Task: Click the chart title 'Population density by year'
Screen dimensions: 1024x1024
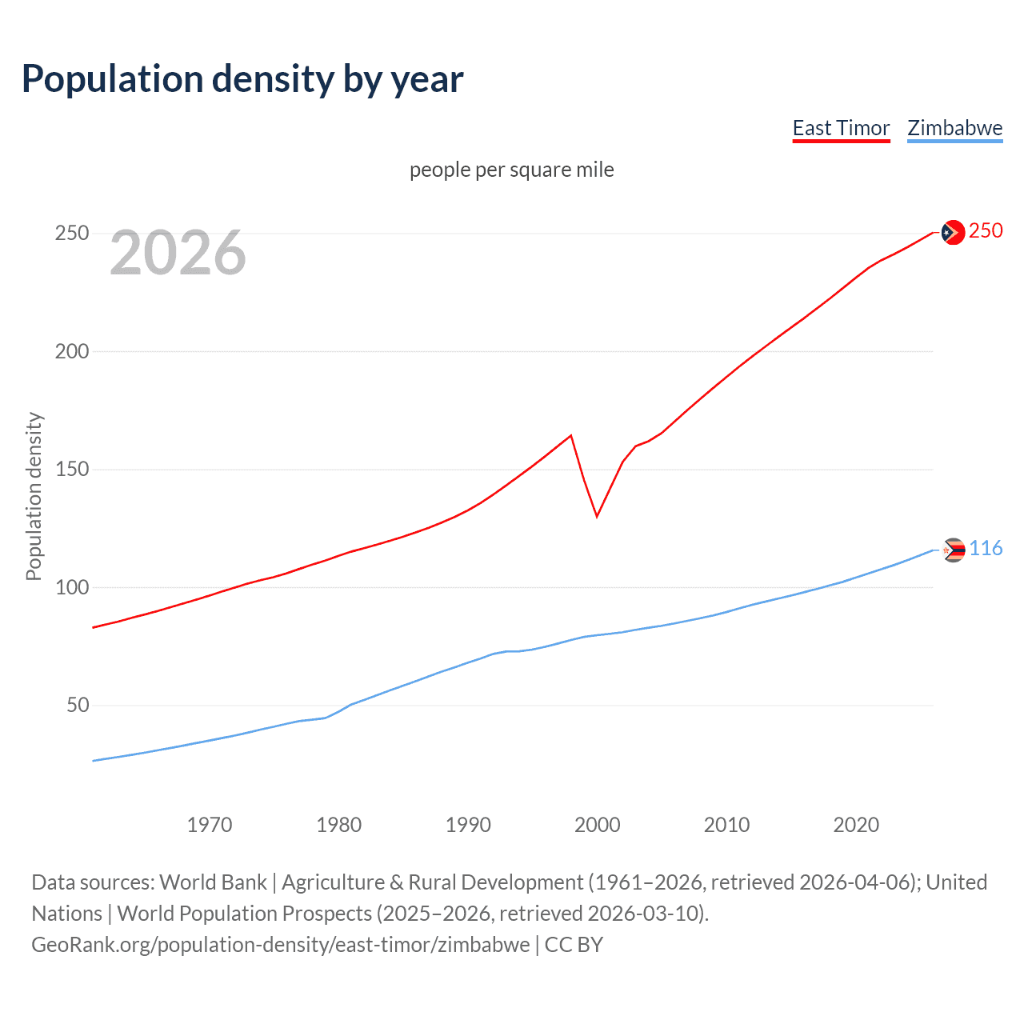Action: pyautogui.click(x=242, y=79)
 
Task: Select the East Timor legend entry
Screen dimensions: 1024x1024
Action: pyautogui.click(x=841, y=129)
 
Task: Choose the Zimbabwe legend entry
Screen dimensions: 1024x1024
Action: pyautogui.click(x=954, y=129)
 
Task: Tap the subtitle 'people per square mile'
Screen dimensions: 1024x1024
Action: pyautogui.click(x=511, y=170)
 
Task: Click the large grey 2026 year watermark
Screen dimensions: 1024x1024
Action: pyautogui.click(x=178, y=253)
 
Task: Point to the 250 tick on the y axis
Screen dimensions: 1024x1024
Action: pyautogui.click(x=72, y=234)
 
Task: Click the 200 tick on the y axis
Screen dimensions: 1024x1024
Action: pyautogui.click(x=72, y=351)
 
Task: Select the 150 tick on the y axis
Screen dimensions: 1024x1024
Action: pyautogui.click(x=72, y=470)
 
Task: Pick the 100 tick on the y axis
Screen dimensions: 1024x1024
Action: pyautogui.click(x=72, y=587)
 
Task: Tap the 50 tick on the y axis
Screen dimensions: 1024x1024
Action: pyautogui.click(x=78, y=706)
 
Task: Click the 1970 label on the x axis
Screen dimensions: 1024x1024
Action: pyautogui.click(x=210, y=825)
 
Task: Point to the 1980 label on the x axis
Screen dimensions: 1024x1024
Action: pyautogui.click(x=338, y=825)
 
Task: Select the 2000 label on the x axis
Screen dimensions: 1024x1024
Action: pyautogui.click(x=598, y=825)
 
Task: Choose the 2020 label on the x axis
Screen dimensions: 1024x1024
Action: pyautogui.click(x=856, y=825)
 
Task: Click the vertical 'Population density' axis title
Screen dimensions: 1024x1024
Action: pyautogui.click(x=34, y=496)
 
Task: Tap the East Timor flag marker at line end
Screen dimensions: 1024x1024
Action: pyautogui.click(x=953, y=232)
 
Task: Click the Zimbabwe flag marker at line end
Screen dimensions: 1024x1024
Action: pyautogui.click(x=954, y=550)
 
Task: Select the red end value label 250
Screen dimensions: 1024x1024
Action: pyautogui.click(x=986, y=231)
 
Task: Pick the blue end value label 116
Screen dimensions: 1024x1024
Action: pyautogui.click(x=986, y=549)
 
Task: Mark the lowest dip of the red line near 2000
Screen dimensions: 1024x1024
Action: pyautogui.click(x=597, y=516)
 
